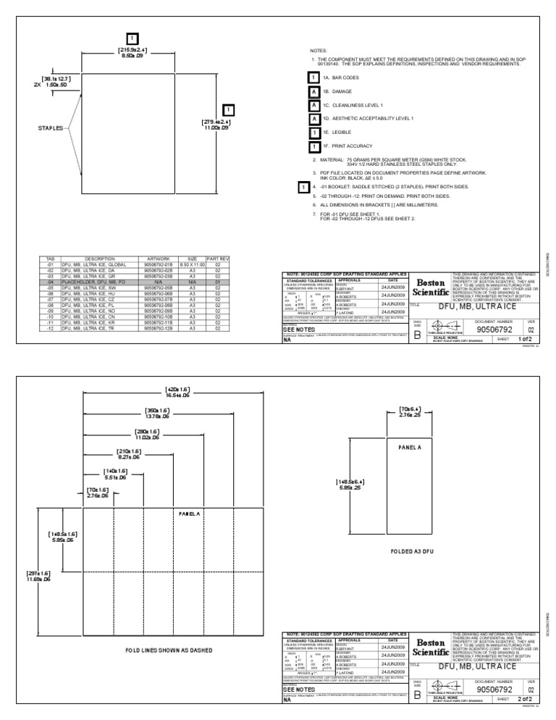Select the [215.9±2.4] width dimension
132,50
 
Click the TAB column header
49,258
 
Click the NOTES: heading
319,51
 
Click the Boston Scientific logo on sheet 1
433,288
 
